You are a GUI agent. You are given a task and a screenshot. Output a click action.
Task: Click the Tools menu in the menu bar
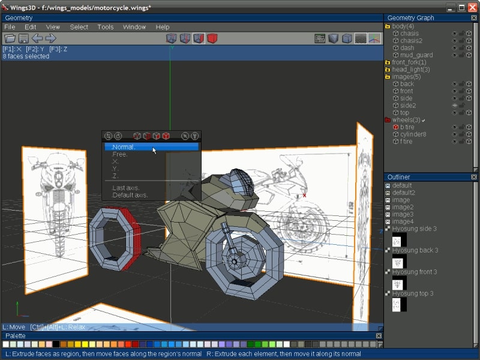105,27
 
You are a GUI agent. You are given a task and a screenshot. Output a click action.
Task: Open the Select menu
79,27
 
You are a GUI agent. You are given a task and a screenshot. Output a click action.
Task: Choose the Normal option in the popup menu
124,147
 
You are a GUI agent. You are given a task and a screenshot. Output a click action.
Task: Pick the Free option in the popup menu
120,155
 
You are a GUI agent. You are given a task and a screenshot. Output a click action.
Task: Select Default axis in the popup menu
130,195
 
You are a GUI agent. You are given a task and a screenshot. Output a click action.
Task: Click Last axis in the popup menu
125,188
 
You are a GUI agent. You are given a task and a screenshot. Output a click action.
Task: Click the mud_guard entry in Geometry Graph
416,55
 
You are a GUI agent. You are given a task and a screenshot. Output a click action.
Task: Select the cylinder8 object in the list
413,134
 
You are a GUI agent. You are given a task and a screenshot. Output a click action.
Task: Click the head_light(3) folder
410,70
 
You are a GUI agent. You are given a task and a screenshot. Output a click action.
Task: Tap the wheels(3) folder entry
406,120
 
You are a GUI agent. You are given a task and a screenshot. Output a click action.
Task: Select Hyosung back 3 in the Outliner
415,250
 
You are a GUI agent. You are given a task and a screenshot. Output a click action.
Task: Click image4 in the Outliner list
403,221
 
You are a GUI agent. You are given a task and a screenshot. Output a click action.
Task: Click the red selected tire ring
130,239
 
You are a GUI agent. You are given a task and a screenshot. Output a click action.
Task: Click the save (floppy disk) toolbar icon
23,38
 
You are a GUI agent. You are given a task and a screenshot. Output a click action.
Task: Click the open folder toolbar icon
10,38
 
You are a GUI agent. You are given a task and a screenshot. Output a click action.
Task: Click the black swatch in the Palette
56,344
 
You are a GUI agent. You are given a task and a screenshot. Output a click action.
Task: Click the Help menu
162,27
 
